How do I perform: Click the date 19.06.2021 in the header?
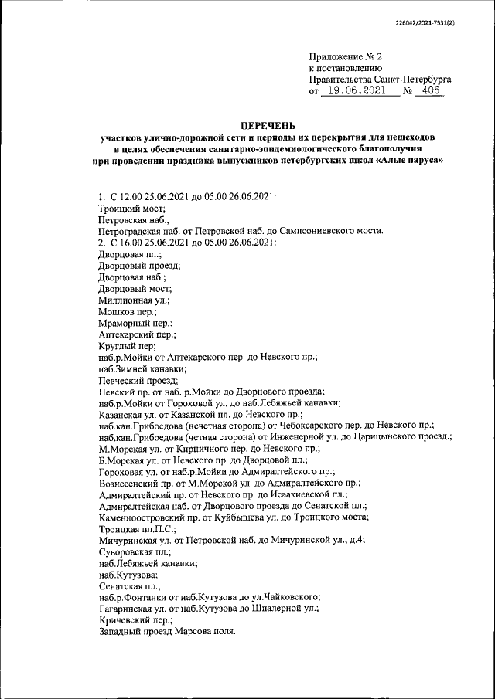point(357,91)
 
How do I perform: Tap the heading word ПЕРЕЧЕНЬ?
point(267,125)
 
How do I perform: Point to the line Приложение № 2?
point(346,56)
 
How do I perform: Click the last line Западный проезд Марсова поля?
point(166,632)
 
